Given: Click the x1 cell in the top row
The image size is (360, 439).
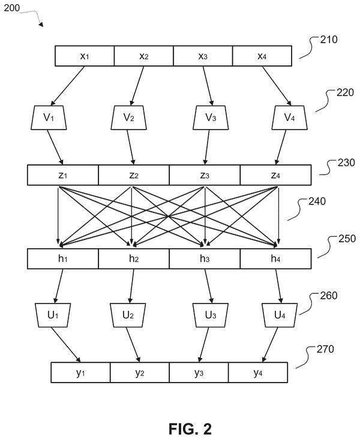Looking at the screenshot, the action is tap(85, 56).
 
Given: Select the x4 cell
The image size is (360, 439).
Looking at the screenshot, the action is tap(262, 56).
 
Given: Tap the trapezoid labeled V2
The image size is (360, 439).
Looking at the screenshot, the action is tap(128, 118).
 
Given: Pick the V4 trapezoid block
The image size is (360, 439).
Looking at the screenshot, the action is tap(289, 118).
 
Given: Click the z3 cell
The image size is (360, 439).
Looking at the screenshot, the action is tap(205, 175).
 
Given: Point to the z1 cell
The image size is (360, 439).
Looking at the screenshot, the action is tap(63, 175).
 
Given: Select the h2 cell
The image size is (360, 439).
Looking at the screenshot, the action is tap(134, 258).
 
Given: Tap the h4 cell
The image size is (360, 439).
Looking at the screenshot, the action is tap(275, 258).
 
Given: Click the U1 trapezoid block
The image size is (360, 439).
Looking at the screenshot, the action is tap(53, 315).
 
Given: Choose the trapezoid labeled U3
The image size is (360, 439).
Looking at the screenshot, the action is tap(211, 315).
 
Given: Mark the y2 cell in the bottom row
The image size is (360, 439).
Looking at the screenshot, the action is tap(140, 372).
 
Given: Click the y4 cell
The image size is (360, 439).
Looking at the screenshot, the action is tap(258, 372).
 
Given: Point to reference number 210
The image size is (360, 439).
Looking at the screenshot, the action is tap(329, 40).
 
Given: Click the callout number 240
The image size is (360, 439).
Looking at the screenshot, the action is tap(317, 202).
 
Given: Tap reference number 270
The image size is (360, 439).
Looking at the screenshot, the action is tap(325, 349).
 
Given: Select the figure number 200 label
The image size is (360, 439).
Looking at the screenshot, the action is tap(12, 8).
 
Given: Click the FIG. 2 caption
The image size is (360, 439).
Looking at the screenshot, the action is tap(190, 429).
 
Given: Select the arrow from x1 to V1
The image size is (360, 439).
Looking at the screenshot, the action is tap(68, 86).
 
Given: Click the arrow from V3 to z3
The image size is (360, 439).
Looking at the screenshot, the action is tap(207, 148).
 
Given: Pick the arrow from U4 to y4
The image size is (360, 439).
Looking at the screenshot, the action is tap(270, 345).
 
